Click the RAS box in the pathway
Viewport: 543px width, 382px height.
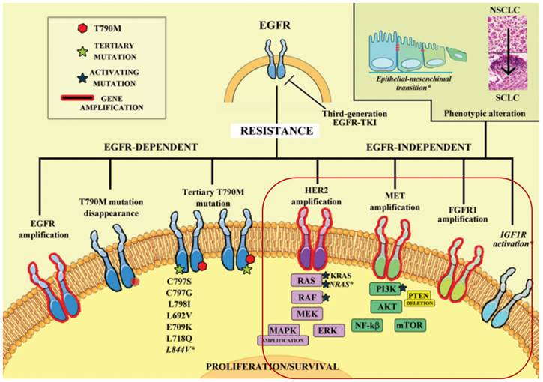click(306, 281)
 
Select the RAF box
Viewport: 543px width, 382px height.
click(306, 297)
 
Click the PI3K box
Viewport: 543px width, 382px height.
click(386, 288)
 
